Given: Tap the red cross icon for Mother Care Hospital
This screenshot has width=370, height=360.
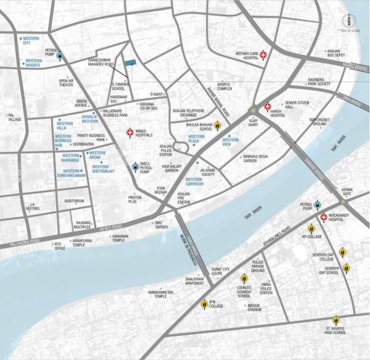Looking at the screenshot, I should click(x=264, y=55).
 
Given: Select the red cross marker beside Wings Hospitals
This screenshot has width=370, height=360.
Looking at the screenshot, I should click(x=130, y=132).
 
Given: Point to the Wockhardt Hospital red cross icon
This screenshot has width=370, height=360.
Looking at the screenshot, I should click(x=324, y=217).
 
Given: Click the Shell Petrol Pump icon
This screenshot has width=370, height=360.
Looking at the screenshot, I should click(x=136, y=166).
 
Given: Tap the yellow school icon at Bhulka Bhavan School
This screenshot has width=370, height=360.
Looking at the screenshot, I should click(x=218, y=126).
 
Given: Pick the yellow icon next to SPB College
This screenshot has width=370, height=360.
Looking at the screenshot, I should click(x=205, y=303).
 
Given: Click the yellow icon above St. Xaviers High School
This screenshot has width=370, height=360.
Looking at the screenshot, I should click(x=336, y=320).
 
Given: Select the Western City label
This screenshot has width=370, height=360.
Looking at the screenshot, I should click(x=31, y=40).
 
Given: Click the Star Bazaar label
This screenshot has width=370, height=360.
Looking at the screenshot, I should click(x=162, y=191).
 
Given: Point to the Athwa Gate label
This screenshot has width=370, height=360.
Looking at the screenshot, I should click(x=342, y=193).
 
